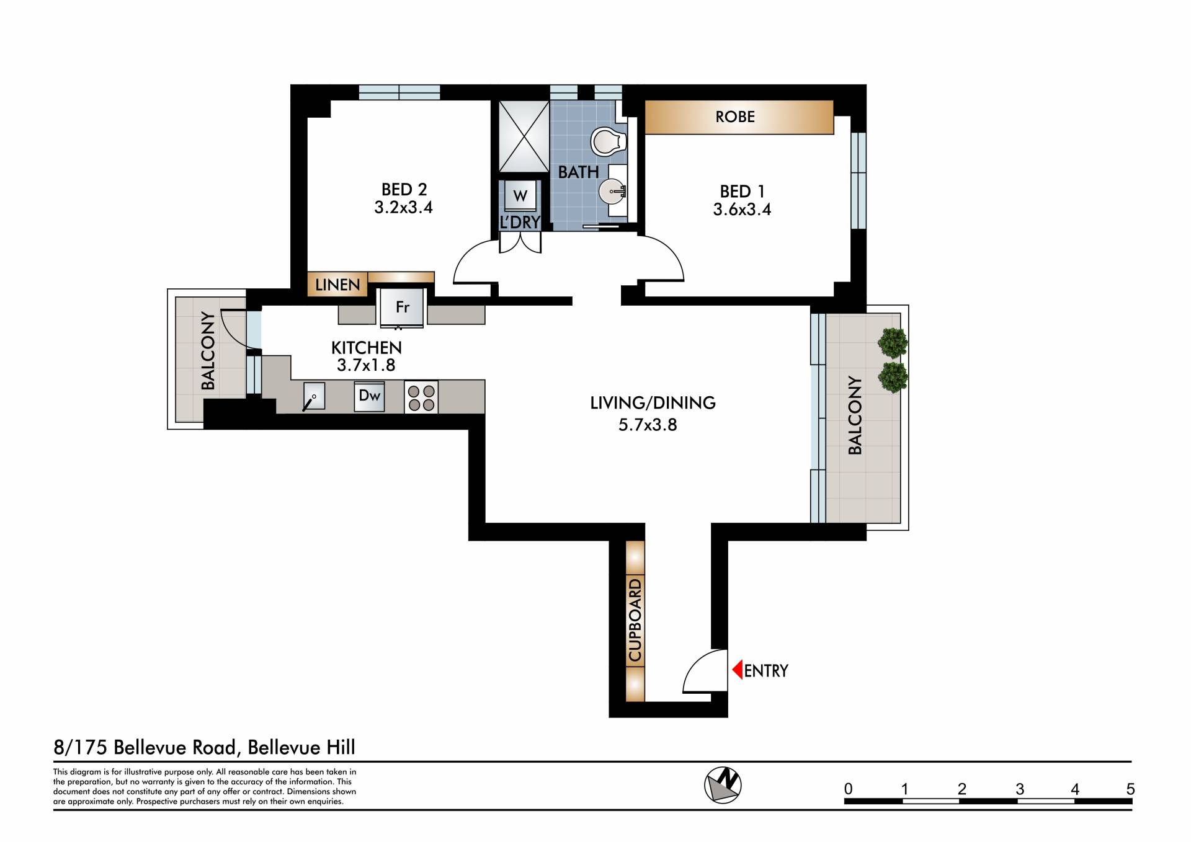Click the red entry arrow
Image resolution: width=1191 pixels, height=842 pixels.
coord(738,670)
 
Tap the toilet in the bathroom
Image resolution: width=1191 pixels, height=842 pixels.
coord(609,141)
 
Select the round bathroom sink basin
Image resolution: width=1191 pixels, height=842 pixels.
coord(612,191)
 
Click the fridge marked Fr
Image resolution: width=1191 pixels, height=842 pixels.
coord(402,307)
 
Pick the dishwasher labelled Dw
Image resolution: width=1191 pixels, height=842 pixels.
coord(370,396)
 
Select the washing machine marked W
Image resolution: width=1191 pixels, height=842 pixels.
coord(520,197)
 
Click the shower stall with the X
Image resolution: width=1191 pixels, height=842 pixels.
coord(524,136)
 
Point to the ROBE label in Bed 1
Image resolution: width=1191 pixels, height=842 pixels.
coord(735,117)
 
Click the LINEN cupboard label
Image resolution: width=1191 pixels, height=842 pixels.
coord(337,285)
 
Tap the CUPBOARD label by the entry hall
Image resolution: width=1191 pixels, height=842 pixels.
coord(635,620)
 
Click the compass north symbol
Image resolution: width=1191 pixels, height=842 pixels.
coord(723,785)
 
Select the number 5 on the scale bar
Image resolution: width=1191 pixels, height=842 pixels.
coord(1131,789)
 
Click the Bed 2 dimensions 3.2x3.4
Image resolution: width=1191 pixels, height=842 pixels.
coord(403,207)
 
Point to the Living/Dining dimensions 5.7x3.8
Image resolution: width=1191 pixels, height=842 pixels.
coord(648,425)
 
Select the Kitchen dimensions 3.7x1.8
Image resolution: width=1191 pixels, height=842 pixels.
coord(366,365)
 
